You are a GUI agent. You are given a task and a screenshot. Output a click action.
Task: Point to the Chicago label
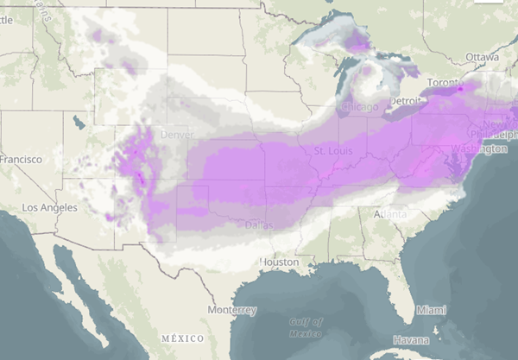(357, 106)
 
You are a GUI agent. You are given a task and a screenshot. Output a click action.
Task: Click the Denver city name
(176, 136)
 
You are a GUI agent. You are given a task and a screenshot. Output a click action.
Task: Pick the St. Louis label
(332, 151)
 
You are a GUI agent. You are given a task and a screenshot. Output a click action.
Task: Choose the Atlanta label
(391, 213)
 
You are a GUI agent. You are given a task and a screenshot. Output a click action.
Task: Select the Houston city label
(281, 262)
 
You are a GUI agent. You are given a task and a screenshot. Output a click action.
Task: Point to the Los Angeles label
(54, 208)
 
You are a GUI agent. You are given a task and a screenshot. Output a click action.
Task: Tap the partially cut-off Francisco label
(21, 160)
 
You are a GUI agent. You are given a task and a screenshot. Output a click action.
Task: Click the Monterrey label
(232, 309)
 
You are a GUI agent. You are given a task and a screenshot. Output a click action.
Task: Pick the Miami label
(432, 308)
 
